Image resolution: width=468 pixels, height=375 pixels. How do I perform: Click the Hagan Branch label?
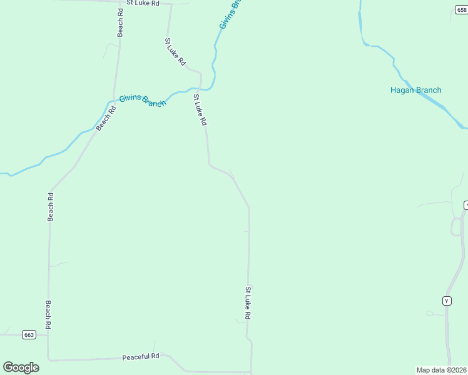pyautogui.click(x=415, y=90)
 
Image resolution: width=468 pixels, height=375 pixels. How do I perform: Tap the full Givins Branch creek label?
pyautogui.click(x=143, y=100)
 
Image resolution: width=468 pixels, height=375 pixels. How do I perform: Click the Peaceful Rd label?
pyautogui.click(x=141, y=356)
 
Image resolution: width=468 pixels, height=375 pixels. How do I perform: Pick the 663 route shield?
pyautogui.click(x=29, y=335)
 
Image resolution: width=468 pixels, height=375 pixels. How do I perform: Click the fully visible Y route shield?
pyautogui.click(x=447, y=301)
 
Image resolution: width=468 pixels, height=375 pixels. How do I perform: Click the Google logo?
pyautogui.click(x=21, y=367)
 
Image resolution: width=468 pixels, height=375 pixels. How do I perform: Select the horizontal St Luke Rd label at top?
pyautogui.click(x=143, y=3)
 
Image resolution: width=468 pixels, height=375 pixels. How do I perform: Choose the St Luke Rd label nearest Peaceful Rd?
pyautogui.click(x=248, y=303)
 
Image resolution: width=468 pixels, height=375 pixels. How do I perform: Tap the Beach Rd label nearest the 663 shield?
pyautogui.click(x=48, y=315)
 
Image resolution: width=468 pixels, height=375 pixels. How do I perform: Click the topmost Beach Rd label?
pyautogui.click(x=120, y=22)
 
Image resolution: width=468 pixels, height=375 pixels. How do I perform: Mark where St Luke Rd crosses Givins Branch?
pyautogui.click(x=201, y=88)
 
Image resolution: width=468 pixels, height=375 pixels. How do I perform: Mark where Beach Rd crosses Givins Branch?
pyautogui.click(x=114, y=101)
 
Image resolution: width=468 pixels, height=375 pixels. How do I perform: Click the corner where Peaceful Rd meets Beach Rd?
pyautogui.click(x=48, y=360)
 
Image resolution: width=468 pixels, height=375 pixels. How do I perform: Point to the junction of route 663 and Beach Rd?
pyautogui.click(x=48, y=335)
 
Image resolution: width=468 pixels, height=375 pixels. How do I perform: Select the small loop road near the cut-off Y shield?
pyautogui.click(x=455, y=227)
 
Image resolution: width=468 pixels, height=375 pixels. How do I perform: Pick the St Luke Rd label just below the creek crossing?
pyautogui.click(x=200, y=110)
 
